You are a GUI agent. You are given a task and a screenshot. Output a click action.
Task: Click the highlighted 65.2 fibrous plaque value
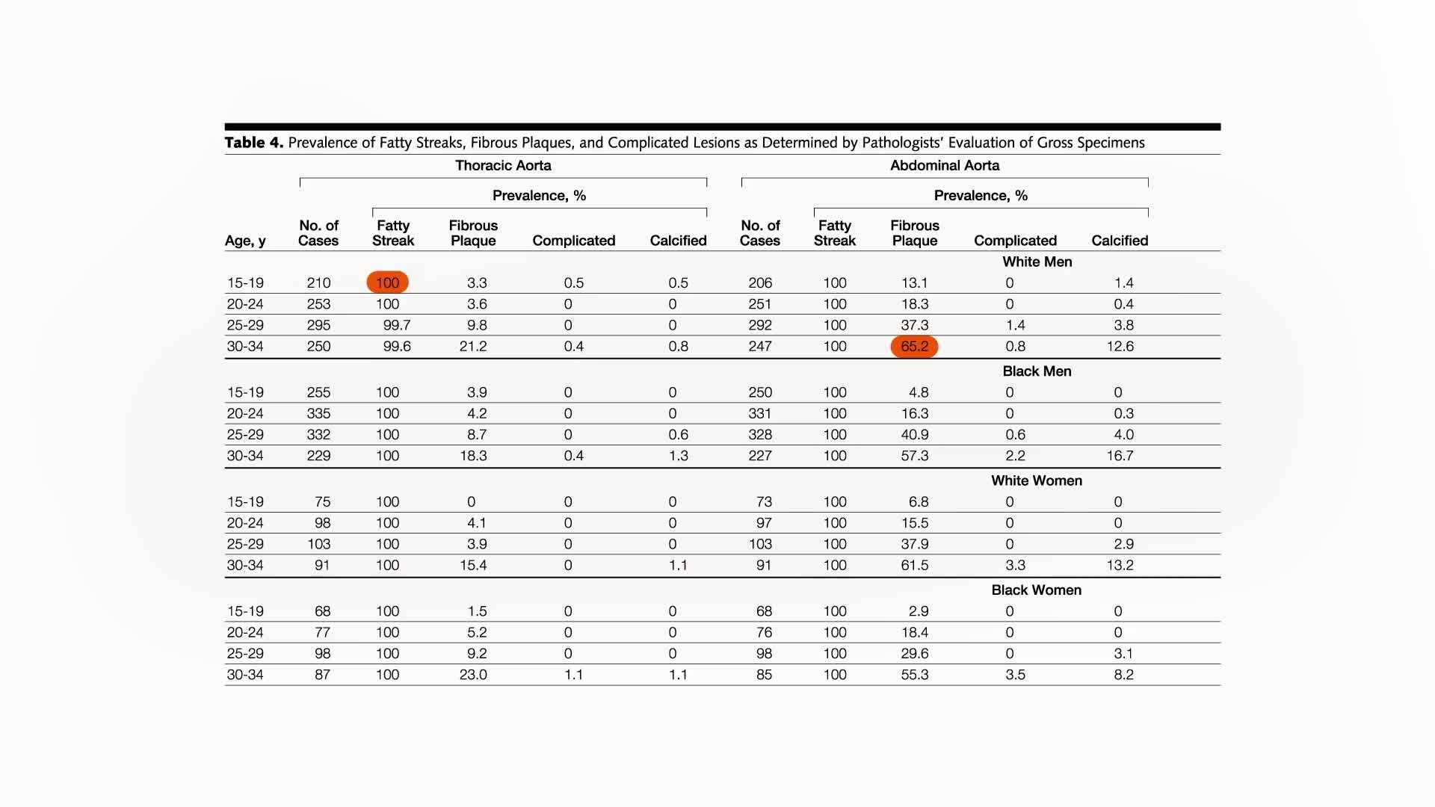(914, 347)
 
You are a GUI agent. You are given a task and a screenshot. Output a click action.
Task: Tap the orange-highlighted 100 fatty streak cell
(387, 283)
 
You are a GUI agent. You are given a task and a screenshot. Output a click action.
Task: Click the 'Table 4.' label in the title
(254, 143)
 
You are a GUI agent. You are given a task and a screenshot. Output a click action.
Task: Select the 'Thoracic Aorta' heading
(503, 166)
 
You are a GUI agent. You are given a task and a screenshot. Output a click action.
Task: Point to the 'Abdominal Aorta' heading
(944, 166)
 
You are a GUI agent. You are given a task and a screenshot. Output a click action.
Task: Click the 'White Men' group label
(1037, 262)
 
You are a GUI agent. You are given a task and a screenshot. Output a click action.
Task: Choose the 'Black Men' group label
(1037, 371)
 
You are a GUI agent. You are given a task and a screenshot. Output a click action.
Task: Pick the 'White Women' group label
(1036, 480)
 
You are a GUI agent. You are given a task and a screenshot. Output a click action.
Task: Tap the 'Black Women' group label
(1036, 590)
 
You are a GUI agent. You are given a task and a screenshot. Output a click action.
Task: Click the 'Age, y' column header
(245, 241)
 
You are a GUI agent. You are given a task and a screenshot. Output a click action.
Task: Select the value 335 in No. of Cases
(318, 414)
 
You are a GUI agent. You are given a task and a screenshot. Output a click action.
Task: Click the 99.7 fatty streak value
(396, 326)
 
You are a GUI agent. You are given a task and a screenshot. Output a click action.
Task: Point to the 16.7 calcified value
(1120, 456)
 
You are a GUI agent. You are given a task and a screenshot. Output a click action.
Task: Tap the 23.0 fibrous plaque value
(473, 675)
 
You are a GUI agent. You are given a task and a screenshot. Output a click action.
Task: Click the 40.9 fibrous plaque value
(915, 435)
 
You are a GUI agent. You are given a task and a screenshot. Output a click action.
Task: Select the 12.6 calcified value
(1120, 347)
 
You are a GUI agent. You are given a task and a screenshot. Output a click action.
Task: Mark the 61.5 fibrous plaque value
(915, 566)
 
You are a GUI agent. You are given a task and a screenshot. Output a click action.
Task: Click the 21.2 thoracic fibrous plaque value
(473, 347)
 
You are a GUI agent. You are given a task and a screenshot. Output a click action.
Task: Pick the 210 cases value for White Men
(318, 283)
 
